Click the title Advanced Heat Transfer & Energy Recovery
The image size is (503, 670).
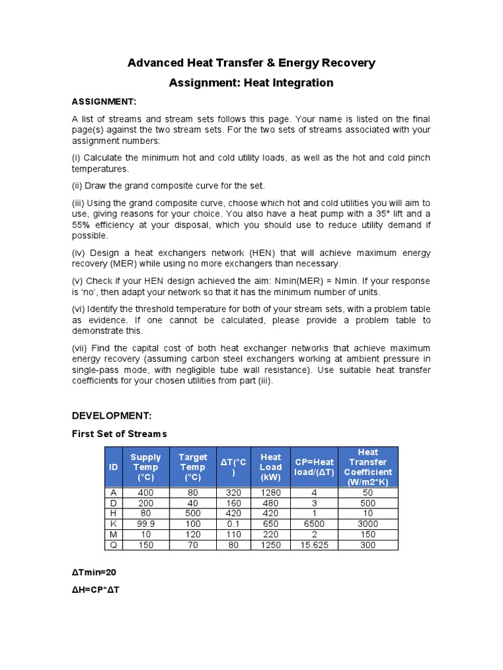point(251,63)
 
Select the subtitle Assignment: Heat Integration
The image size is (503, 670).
point(251,83)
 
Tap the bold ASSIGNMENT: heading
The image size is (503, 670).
point(103,101)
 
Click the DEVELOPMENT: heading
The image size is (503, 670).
point(111,415)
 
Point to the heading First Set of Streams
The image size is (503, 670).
point(119,434)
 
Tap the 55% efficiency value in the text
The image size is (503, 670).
point(81,226)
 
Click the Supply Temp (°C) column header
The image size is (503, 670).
point(145,467)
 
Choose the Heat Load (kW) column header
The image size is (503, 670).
point(270,467)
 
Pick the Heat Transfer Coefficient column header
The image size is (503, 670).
point(367,467)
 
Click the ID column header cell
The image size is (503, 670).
point(114,467)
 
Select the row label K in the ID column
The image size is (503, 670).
point(114,524)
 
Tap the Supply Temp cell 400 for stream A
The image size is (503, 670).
point(145,493)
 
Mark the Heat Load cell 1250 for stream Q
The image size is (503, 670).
point(270,545)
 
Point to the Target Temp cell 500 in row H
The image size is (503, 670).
point(193,514)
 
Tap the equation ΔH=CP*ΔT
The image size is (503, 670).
point(96,590)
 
